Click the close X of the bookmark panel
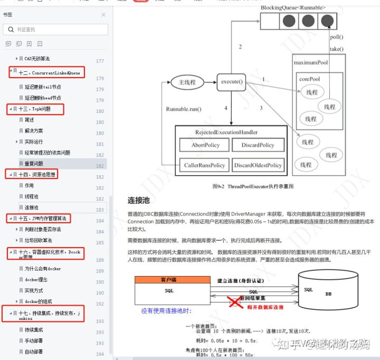pyautogui.click(x=103, y=15)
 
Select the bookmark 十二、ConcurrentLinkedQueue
pyautogui.click(x=49, y=72)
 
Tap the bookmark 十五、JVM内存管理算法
pyautogui.click(x=42, y=218)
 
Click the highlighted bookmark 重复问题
pyautogui.click(x=34, y=164)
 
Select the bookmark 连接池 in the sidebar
pyautogui.click(x=32, y=207)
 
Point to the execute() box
pyautogui.click(x=232, y=82)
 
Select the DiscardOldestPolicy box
pyautogui.click(x=258, y=165)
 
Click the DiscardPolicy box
pyautogui.click(x=258, y=145)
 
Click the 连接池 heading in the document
pyautogui.click(x=138, y=201)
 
